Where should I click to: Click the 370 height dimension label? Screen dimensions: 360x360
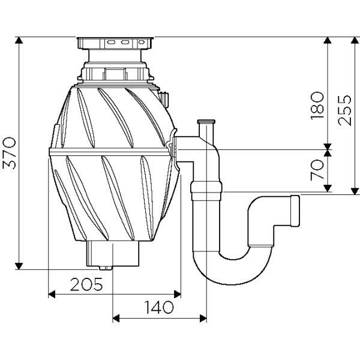coord(9,153)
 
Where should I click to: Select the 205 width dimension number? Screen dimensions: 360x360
coord(86,284)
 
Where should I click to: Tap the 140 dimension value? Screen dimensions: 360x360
coord(158,307)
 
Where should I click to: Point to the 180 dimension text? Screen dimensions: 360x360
coord(317,106)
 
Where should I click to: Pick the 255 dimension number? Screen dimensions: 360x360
coord(344,110)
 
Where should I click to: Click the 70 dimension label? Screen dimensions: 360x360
coord(317,170)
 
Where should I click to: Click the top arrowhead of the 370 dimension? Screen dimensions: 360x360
coord(19,40)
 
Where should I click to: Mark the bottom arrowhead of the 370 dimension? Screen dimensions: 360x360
coord(19,266)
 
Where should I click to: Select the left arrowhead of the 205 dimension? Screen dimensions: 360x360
coord(52,294)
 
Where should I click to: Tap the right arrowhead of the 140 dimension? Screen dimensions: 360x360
coord(203,319)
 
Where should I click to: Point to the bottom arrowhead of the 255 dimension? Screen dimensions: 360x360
coord(355,191)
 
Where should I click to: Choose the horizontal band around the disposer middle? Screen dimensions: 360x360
coord(110,152)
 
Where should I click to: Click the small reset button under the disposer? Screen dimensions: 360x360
coord(106,268)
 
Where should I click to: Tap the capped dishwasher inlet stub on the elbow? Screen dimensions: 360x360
coord(206,128)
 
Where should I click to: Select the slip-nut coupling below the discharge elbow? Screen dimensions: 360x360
coord(206,190)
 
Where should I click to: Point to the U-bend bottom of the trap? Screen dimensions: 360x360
coord(232,272)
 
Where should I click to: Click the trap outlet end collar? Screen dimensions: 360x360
coord(295,211)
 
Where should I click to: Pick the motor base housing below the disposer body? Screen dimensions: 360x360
coord(113,253)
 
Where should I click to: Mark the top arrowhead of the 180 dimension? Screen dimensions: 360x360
coord(328,40)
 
